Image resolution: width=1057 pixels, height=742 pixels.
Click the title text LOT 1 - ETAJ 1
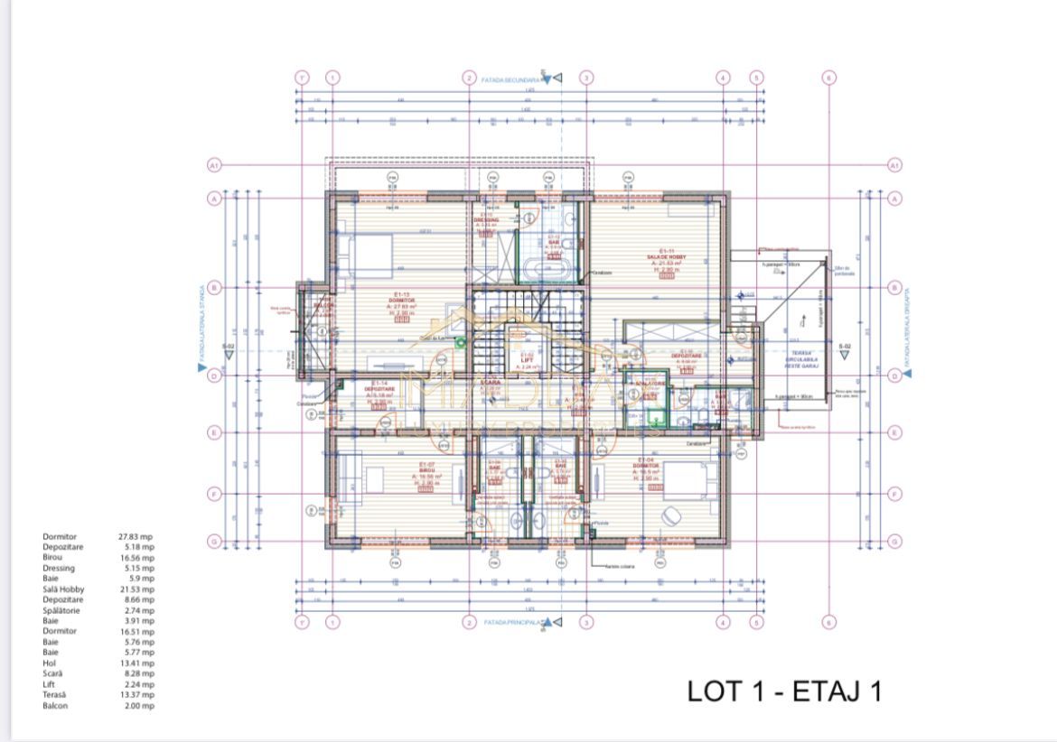pyautogui.click(x=783, y=691)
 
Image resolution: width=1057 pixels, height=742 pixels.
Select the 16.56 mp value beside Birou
pyautogui.click(x=136, y=558)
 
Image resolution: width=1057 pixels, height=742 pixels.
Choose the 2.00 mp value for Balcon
pyautogui.click(x=136, y=705)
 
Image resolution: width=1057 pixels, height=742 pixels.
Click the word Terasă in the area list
pyautogui.click(x=55, y=694)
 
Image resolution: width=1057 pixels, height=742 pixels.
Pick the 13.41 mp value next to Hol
pyautogui.click(x=136, y=663)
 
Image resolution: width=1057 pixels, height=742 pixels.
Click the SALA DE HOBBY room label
pyautogui.click(x=666, y=257)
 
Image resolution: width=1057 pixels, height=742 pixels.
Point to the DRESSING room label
pyautogui.click(x=487, y=219)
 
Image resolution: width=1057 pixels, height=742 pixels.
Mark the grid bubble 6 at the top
pyautogui.click(x=829, y=78)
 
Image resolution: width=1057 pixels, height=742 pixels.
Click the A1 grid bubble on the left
pyautogui.click(x=214, y=165)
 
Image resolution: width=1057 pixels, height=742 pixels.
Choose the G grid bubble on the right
pyautogui.click(x=894, y=542)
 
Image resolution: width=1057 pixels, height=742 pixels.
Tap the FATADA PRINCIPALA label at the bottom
pyautogui.click(x=511, y=623)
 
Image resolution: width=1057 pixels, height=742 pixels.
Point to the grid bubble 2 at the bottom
pyautogui.click(x=469, y=623)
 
